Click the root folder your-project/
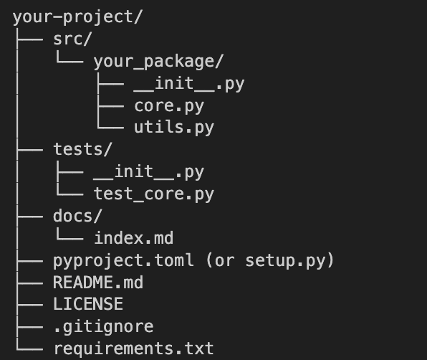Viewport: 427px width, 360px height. coord(77,17)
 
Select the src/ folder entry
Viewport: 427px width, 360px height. coord(72,39)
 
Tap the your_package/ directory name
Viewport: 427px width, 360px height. coord(158,62)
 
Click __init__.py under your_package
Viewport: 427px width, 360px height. coord(189,84)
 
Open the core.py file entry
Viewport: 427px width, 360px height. coord(169,106)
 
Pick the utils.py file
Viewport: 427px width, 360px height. coord(174,128)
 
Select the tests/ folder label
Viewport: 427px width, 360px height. coord(83,149)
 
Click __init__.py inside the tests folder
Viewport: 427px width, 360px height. coord(149,172)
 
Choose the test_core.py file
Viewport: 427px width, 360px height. coord(154,194)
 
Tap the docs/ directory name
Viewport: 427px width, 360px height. coord(77,216)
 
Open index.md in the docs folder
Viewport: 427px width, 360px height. coord(134,238)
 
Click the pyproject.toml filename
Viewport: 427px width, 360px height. coord(123,260)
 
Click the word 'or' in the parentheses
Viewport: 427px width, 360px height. coord(225,261)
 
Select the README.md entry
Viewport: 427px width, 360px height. coord(98,283)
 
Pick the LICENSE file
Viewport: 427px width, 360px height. coord(88,304)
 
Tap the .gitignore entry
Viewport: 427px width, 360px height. coord(103,327)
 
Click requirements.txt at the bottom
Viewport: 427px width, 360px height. coord(134,349)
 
